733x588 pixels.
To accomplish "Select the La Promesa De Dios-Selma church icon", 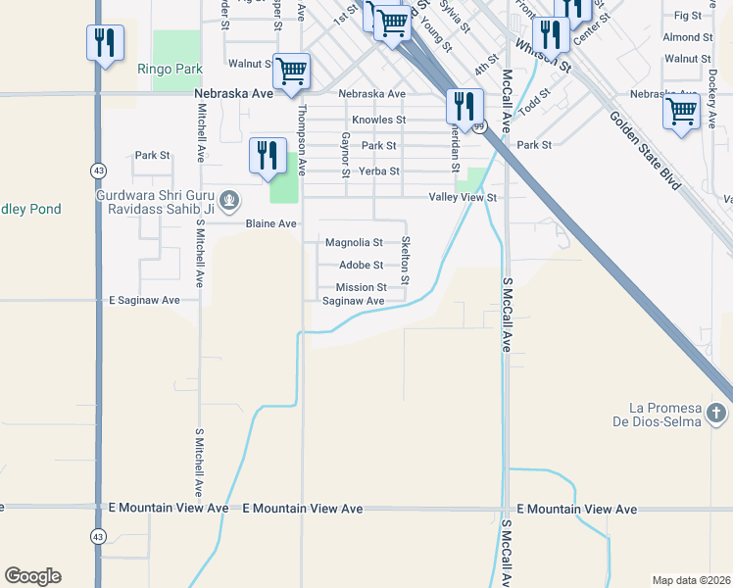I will pyautogui.click(x=716, y=414).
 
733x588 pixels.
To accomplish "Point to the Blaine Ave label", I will pyautogui.click(x=271, y=223).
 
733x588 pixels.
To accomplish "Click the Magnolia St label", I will pyautogui.click(x=354, y=242).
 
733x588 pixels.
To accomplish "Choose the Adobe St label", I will pyautogui.click(x=361, y=265).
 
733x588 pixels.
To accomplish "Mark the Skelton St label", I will pyautogui.click(x=405, y=262).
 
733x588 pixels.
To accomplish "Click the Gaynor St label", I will pyautogui.click(x=346, y=155).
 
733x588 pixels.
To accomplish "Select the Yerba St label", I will pyautogui.click(x=380, y=171).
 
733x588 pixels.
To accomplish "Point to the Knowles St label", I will pyautogui.click(x=379, y=120).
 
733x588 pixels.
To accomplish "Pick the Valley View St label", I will pyautogui.click(x=464, y=197).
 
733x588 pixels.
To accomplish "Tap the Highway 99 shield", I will pyautogui.click(x=479, y=126).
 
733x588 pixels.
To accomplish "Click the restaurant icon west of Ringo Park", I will pyautogui.click(x=105, y=42).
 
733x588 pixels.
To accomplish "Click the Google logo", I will pyautogui.click(x=32, y=576).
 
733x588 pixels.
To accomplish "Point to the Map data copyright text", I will pyautogui.click(x=691, y=580).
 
